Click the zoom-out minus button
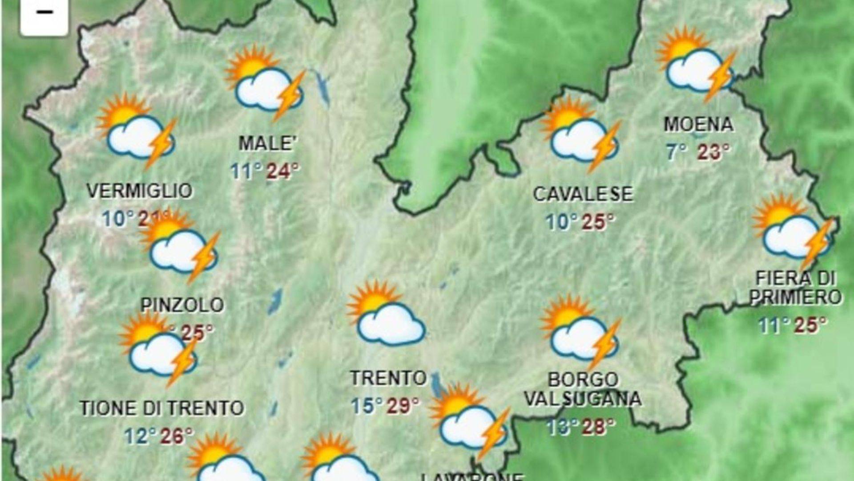[44, 13]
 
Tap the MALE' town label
[267, 143]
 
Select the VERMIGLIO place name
[139, 191]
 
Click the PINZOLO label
[182, 305]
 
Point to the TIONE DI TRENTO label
[162, 408]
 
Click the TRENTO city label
[388, 379]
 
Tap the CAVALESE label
[583, 194]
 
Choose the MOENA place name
[698, 124]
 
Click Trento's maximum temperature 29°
[403, 406]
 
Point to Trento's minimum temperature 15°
[367, 406]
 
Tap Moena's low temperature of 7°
[677, 152]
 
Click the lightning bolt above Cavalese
[604, 146]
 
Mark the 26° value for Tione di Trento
[177, 436]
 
